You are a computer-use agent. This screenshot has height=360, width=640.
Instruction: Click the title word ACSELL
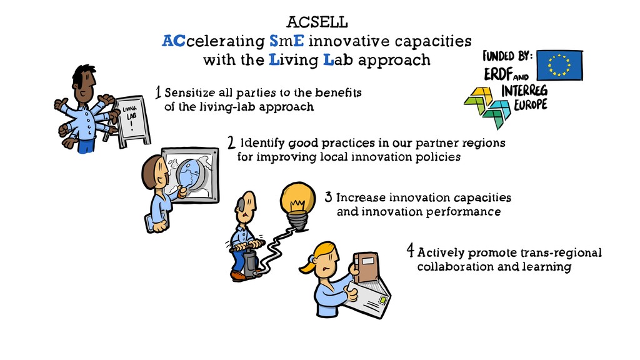pos(317,22)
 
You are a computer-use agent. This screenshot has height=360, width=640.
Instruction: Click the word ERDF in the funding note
pos(499,74)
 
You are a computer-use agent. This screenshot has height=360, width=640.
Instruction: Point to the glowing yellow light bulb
pos(295,201)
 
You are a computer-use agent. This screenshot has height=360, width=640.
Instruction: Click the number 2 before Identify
pos(231,142)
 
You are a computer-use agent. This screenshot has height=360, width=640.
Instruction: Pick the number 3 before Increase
pos(328,197)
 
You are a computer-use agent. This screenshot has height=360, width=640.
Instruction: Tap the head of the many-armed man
pos(83,84)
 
